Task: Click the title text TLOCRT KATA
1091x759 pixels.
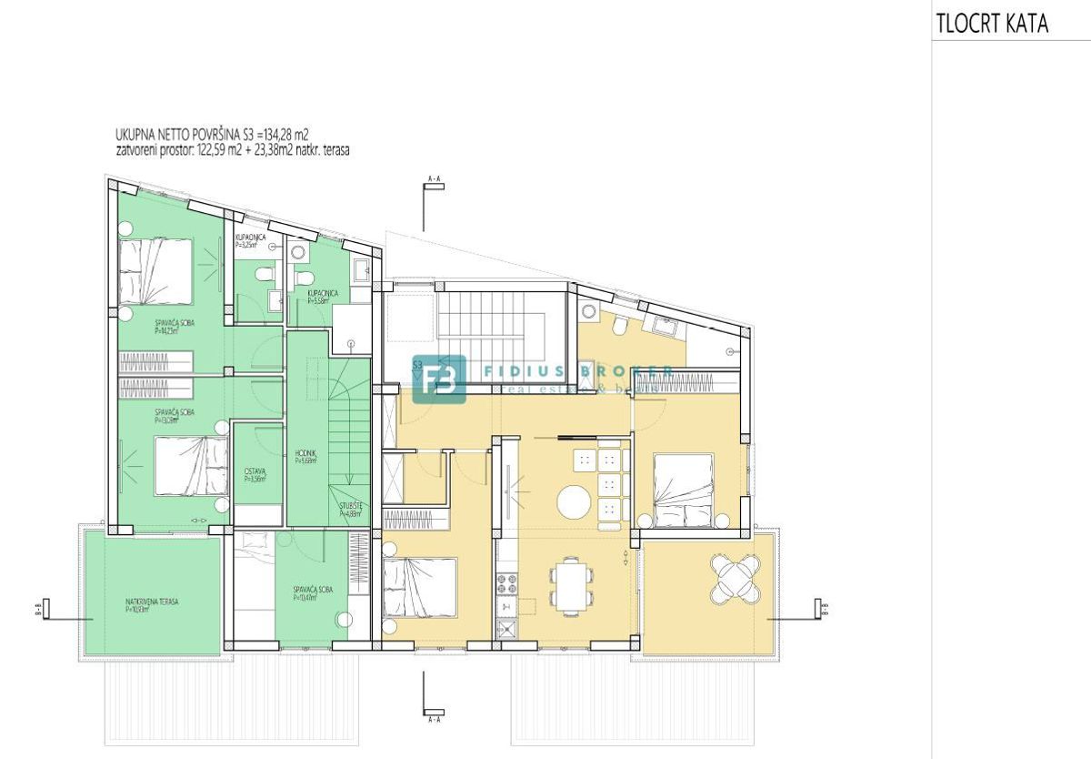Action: pos(992,24)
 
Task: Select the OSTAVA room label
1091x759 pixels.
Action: pos(255,473)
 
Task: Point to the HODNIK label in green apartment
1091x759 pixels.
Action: pos(305,457)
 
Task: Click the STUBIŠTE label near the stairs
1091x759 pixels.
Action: pos(352,511)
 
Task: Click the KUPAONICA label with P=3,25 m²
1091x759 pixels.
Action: pos(250,241)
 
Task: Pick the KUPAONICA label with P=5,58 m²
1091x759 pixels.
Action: pos(324,296)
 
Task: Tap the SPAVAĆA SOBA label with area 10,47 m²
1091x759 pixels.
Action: pos(312,593)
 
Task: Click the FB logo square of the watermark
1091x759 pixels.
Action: pos(439,379)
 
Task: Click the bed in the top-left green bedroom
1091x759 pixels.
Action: pos(155,270)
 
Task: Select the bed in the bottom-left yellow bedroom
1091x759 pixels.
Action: pos(419,588)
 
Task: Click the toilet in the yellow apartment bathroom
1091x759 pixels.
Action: pos(618,324)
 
